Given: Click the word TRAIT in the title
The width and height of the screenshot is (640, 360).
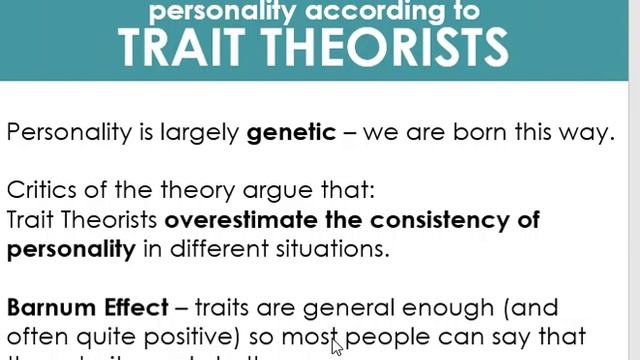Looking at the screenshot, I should click(181, 46).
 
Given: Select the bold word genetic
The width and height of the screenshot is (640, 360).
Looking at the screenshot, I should click(291, 132).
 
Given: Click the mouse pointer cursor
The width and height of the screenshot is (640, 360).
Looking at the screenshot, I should click(336, 347).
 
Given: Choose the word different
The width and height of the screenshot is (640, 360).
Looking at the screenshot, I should click(220, 249).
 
